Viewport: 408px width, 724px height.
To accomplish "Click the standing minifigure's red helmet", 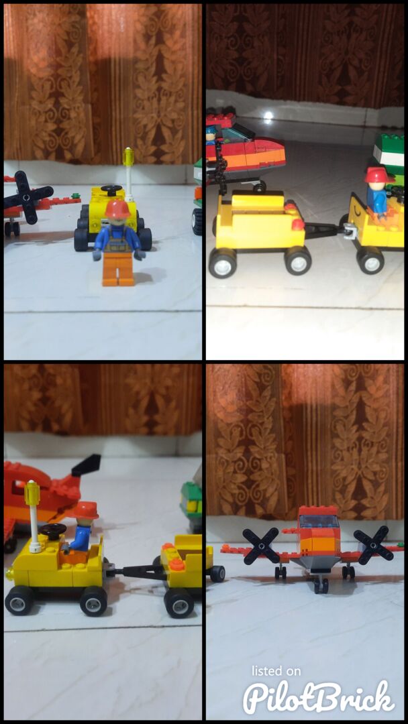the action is [117, 210].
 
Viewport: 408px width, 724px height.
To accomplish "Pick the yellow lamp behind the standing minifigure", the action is [128, 157].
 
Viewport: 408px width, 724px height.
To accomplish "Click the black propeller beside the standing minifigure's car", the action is [28, 197].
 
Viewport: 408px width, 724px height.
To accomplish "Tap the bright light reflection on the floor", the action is [268, 115].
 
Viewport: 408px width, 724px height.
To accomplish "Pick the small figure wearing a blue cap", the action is [211, 135].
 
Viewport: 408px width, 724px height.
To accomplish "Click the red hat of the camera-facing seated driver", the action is [378, 175].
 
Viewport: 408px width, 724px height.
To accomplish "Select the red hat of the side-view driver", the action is [85, 510].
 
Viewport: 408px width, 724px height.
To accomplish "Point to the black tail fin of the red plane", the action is [86, 465].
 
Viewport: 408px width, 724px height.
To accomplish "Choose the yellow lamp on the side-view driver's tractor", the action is [32, 493].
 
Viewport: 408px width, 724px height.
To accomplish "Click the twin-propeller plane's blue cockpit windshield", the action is [319, 522].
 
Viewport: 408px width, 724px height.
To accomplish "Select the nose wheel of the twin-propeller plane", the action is [321, 585].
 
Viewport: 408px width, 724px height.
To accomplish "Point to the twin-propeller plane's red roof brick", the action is [318, 510].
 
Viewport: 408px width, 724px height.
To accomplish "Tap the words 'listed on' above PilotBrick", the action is [276, 671].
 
